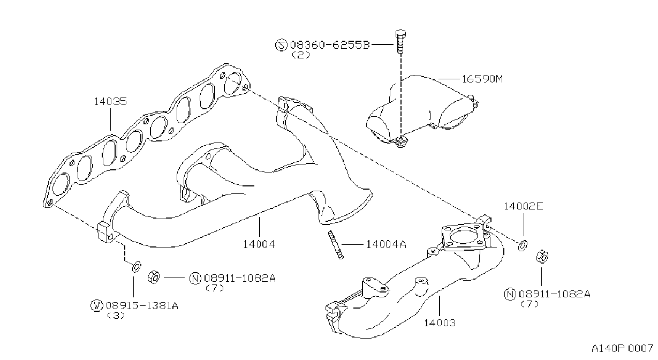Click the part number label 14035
click(x=110, y=101)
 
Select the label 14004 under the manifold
click(x=259, y=244)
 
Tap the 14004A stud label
click(x=386, y=244)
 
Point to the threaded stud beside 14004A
click(x=336, y=244)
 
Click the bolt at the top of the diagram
click(x=400, y=41)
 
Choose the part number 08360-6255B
click(x=330, y=45)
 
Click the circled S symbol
click(x=281, y=45)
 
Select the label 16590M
click(x=482, y=79)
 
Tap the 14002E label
click(x=524, y=206)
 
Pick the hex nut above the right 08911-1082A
click(x=542, y=257)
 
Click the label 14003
click(x=440, y=323)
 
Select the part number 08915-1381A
click(x=142, y=306)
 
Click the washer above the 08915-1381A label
click(x=137, y=267)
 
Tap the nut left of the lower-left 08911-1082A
click(x=154, y=277)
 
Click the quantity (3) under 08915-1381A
click(x=116, y=316)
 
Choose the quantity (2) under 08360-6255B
click(x=301, y=55)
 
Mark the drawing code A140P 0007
click(x=622, y=349)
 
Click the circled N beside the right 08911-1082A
click(x=510, y=294)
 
